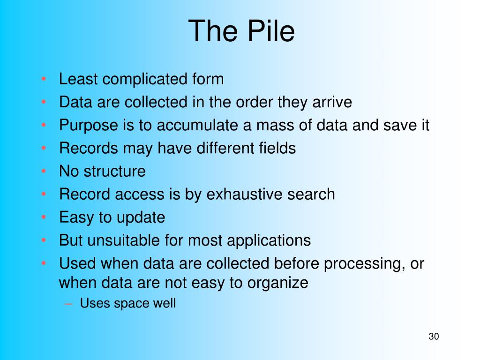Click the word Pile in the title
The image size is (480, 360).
tap(270, 30)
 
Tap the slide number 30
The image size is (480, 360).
tap(434, 337)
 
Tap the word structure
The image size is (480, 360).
tap(115, 171)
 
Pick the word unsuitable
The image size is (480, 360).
tap(124, 240)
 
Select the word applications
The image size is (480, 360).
tap(269, 240)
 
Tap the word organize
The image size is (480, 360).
tap(277, 283)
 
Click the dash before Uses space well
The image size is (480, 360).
tap(69, 304)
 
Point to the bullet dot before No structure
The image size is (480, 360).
tap(44, 171)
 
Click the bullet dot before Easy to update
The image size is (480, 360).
tap(44, 217)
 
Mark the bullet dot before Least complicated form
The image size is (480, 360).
tap(44, 79)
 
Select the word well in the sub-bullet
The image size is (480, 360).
tap(165, 303)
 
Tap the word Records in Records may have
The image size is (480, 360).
tap(89, 148)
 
